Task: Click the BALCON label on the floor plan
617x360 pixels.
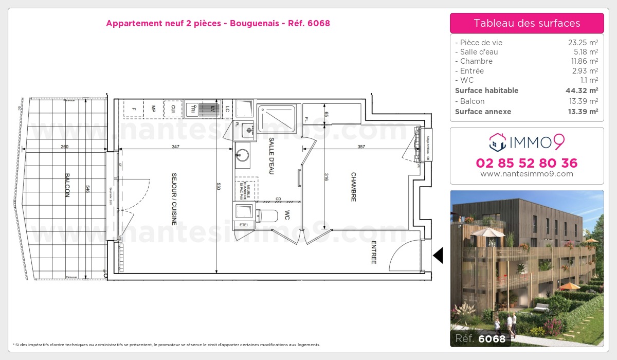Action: (67, 185)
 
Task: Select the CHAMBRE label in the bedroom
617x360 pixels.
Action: (354, 187)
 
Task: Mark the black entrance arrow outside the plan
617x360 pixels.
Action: (438, 255)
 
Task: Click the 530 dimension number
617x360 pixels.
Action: (219, 186)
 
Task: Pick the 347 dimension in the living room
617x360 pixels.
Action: (176, 147)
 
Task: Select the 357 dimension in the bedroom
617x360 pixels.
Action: (361, 147)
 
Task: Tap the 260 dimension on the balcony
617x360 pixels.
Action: (64, 147)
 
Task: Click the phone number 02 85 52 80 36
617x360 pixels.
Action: (527, 164)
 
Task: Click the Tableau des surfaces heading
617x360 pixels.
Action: (527, 23)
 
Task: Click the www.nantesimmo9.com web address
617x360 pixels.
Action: (527, 174)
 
